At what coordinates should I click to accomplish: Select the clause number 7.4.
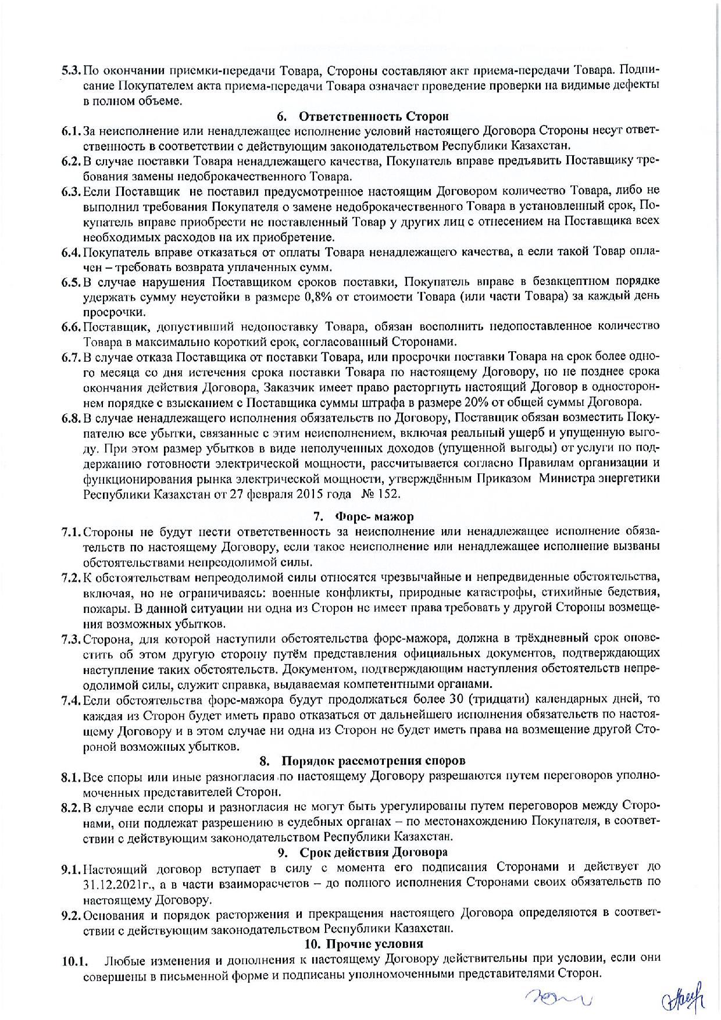(72, 700)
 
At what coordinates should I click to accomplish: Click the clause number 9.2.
(72, 914)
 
